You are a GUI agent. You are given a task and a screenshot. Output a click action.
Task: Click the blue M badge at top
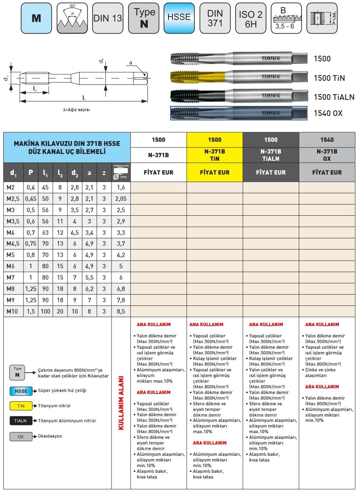(x=36, y=18)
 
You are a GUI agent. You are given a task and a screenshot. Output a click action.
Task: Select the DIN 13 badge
(x=107, y=18)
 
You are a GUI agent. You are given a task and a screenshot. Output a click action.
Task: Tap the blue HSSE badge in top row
(x=179, y=18)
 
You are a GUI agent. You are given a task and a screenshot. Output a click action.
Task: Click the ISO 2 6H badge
(x=251, y=18)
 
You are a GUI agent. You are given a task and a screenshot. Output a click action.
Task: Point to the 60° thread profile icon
(x=72, y=18)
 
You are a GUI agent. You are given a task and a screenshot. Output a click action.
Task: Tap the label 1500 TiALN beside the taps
(x=334, y=97)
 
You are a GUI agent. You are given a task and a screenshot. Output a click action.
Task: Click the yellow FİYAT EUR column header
(x=215, y=172)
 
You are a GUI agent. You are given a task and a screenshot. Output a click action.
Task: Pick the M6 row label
(x=11, y=266)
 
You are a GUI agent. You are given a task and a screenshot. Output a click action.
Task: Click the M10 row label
(x=12, y=312)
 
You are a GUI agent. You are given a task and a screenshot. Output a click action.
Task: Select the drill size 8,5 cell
(x=120, y=312)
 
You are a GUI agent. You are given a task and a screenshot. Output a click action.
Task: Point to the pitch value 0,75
(x=31, y=244)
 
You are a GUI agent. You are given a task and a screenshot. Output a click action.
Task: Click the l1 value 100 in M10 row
(x=45, y=312)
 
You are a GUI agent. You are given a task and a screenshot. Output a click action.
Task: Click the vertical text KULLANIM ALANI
(x=120, y=404)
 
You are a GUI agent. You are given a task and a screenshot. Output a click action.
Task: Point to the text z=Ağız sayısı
(x=76, y=110)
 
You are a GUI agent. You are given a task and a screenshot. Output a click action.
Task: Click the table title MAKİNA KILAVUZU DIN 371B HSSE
(x=67, y=143)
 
